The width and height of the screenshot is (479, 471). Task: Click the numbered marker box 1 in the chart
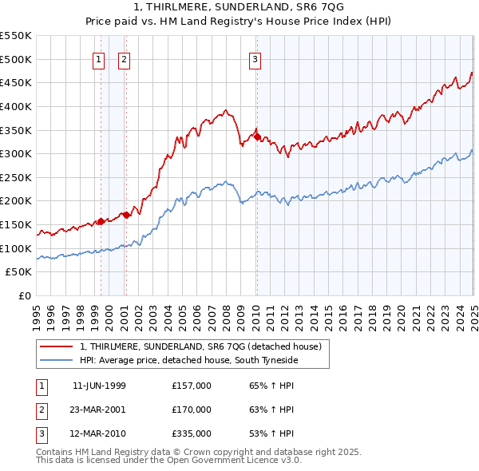point(97,58)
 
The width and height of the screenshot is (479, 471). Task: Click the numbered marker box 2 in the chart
point(125,58)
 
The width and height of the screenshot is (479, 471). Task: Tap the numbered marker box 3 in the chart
point(255,58)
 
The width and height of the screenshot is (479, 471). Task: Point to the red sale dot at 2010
point(257,137)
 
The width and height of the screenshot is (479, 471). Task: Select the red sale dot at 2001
point(127,215)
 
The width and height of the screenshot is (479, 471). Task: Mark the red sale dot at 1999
point(101,221)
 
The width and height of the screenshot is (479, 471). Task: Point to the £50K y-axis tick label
point(19,272)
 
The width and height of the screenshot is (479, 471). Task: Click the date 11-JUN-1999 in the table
point(99,386)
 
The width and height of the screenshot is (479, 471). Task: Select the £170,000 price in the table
point(192,410)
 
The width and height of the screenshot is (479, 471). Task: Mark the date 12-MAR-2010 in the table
point(99,434)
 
